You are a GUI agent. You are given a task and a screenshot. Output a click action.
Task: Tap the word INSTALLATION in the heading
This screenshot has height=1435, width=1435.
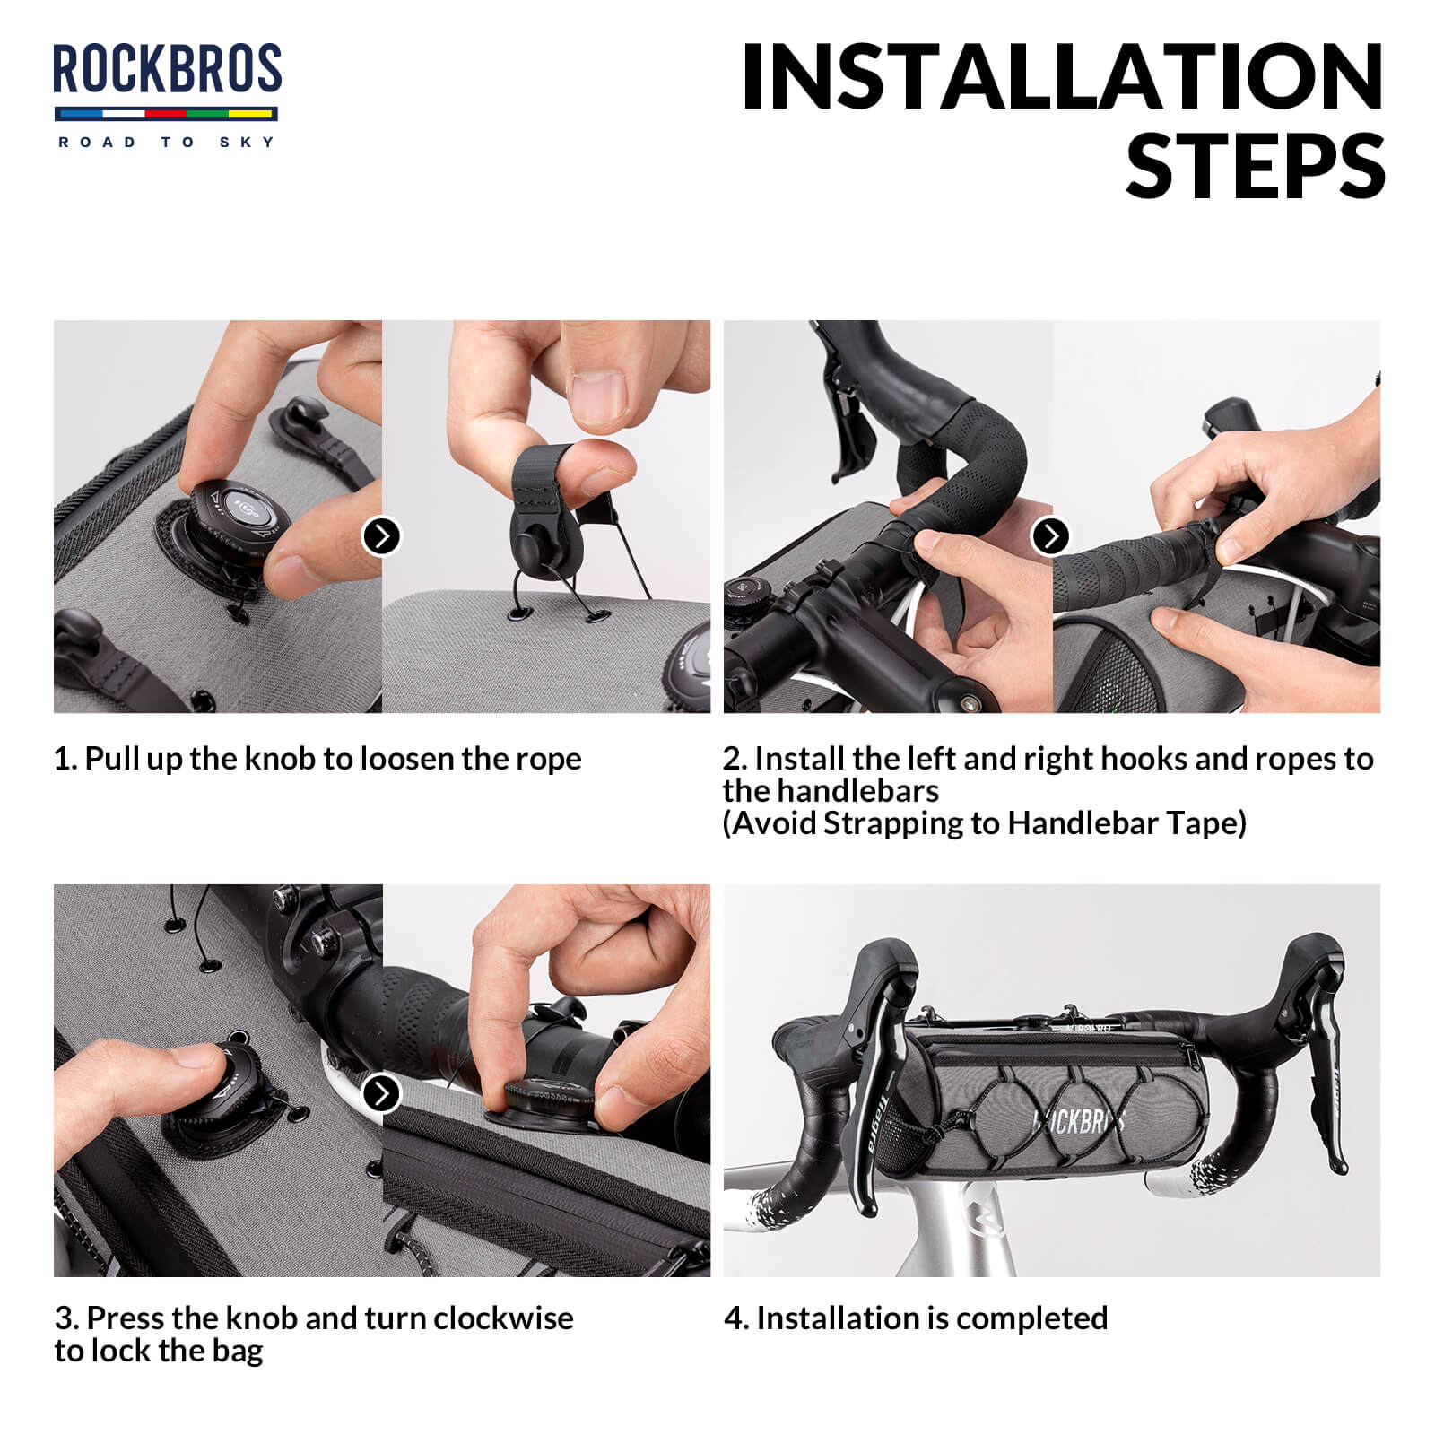point(1063,78)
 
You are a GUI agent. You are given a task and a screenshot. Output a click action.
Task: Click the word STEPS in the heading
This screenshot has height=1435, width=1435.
point(1256,167)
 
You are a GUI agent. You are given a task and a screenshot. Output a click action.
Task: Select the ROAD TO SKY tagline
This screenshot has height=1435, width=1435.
point(167,142)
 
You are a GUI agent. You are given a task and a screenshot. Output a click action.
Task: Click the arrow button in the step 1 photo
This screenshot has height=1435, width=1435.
point(381,536)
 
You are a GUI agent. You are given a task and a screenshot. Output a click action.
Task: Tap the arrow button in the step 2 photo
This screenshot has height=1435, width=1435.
point(1050,536)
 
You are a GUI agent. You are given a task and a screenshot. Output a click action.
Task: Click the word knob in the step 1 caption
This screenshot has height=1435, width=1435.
point(280,759)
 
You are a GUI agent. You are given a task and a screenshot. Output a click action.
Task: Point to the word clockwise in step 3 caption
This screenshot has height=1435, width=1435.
point(502,1318)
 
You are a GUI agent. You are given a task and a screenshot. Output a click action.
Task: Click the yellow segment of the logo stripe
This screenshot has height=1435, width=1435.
point(251,114)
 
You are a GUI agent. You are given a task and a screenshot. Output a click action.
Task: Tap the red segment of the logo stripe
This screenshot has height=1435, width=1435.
point(165,114)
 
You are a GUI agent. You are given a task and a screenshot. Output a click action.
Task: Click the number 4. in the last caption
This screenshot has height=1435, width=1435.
point(735,1318)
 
